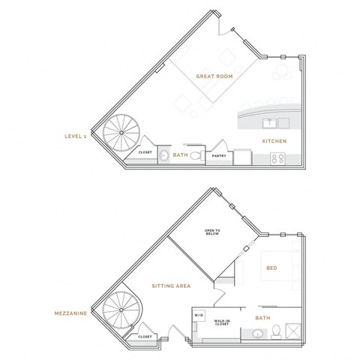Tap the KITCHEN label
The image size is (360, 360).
tap(271, 141)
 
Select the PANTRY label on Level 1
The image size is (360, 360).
tap(219, 156)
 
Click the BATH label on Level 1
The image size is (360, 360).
tap(180, 155)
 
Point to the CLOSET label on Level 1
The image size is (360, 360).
tap(145, 152)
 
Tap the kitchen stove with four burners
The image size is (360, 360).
tap(277, 157)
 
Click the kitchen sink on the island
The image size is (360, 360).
tap(268, 123)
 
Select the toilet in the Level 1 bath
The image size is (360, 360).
tap(196, 156)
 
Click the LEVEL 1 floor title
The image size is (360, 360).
tap(74, 136)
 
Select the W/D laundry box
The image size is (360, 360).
tap(199, 314)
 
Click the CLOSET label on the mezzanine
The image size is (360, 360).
tap(145, 337)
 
